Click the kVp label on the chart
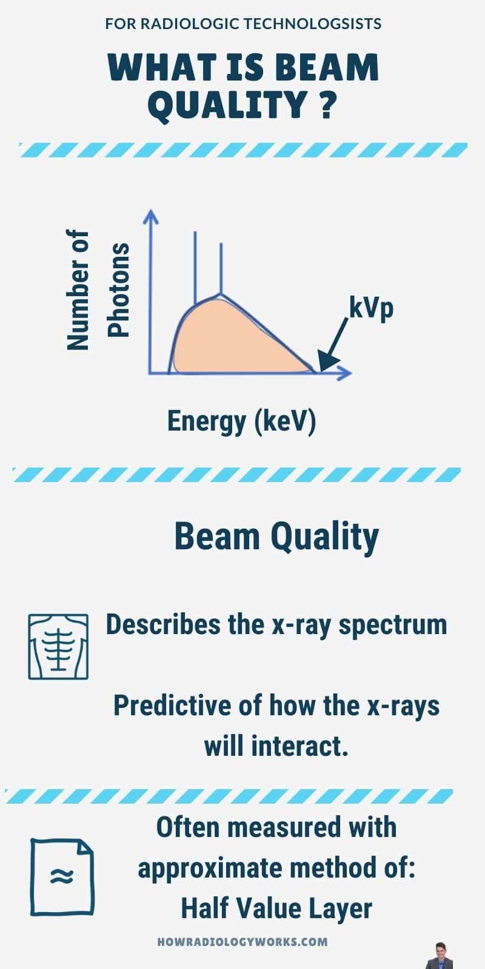coord(371,308)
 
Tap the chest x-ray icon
coord(58,646)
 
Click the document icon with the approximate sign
coord(62,876)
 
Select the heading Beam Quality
coord(276,537)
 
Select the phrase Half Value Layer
coord(276,908)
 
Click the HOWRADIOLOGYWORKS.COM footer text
coord(242,942)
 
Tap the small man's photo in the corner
coord(440,956)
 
